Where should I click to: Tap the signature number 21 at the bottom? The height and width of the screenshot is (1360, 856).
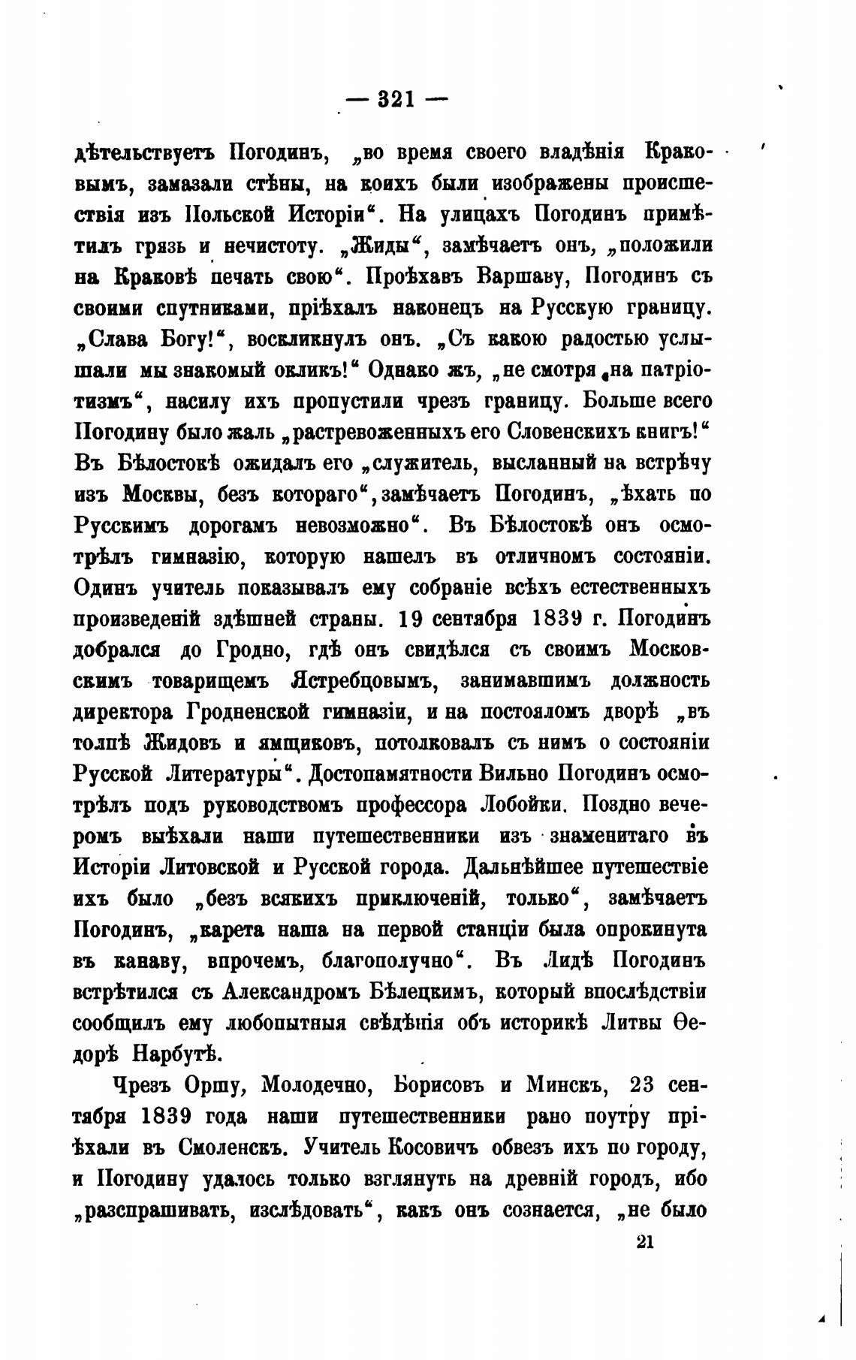[x=645, y=1241]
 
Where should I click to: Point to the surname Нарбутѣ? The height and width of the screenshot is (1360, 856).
[x=177, y=1054]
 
